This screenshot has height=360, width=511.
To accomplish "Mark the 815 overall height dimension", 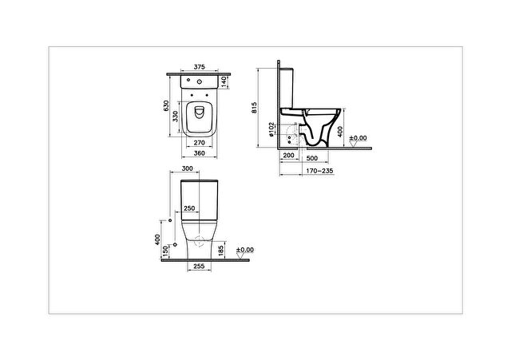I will tap(254, 109).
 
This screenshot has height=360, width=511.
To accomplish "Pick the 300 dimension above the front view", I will tap(188, 170).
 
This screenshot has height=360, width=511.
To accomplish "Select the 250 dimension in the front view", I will tap(189, 208).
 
